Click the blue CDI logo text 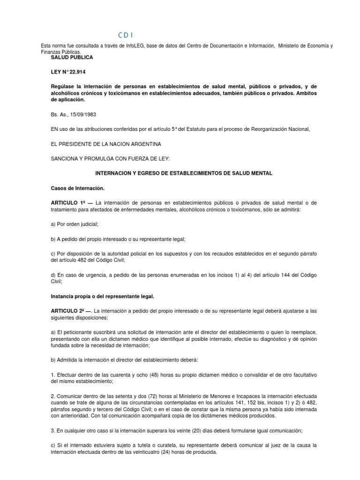[125, 35]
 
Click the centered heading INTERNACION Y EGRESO [184, 173]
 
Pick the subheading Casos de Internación [77, 188]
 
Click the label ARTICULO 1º [69, 202]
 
